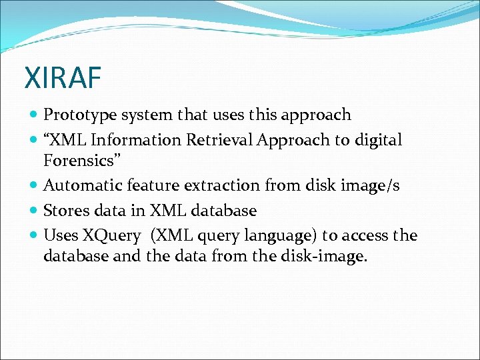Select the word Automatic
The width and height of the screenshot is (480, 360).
pos(81,185)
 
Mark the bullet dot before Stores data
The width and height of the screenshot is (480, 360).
pos(34,211)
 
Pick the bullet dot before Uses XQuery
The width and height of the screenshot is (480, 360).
pos(34,236)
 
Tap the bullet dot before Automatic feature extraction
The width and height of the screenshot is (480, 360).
pos(34,186)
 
